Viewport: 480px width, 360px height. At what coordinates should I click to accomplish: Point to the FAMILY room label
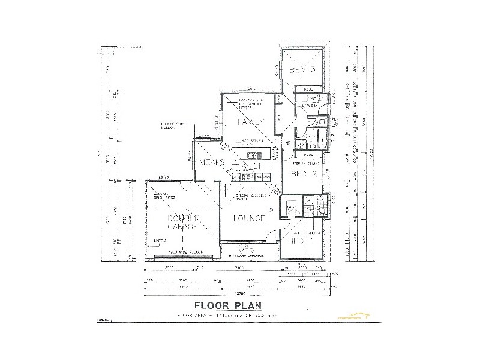tap(251, 122)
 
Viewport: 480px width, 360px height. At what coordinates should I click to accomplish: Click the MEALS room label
tap(211, 163)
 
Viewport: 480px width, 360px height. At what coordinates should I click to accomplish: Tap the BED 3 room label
tap(302, 70)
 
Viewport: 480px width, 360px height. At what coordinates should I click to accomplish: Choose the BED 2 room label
tap(303, 174)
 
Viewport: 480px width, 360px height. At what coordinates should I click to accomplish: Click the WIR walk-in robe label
tap(292, 208)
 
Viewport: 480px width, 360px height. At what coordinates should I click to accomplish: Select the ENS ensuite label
tap(310, 208)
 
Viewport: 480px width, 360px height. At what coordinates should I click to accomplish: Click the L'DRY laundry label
tap(311, 106)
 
